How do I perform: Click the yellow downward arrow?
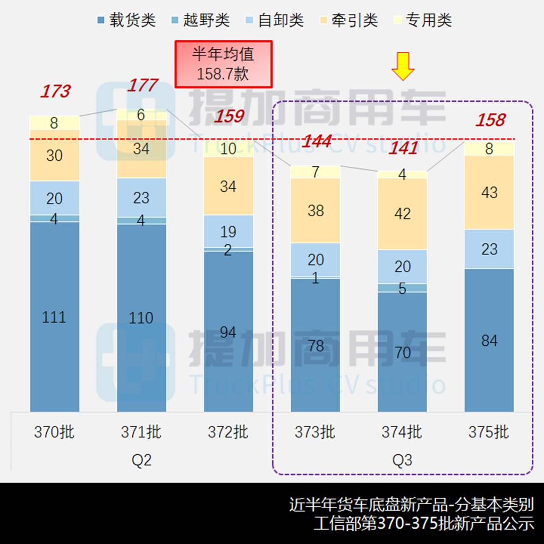click(403, 66)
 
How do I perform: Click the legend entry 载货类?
click(126, 20)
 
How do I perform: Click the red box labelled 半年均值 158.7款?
click(223, 64)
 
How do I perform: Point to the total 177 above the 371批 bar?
click(142, 85)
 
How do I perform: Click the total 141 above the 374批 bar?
click(403, 148)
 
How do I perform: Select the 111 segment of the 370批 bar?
click(54, 317)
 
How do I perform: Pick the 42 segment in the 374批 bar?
click(403, 214)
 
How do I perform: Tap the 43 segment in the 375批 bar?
click(489, 192)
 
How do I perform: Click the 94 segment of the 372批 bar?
click(228, 332)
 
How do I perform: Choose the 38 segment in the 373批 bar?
click(316, 210)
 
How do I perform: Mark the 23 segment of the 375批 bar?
click(489, 249)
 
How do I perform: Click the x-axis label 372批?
click(228, 432)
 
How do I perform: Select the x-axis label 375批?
click(489, 432)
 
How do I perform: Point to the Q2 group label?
click(141, 460)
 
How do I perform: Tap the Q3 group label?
click(402, 460)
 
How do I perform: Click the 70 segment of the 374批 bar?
click(403, 352)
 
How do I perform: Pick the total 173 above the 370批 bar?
click(55, 91)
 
